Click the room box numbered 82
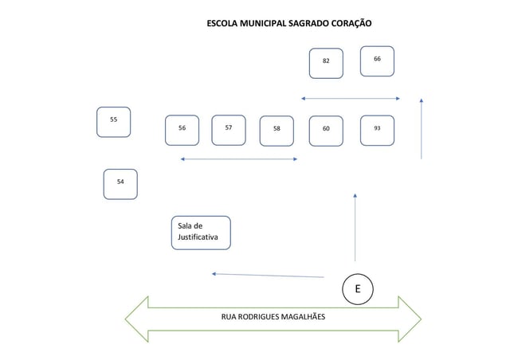(x=326, y=64)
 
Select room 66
(x=377, y=61)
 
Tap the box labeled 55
(x=113, y=122)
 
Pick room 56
(x=182, y=130)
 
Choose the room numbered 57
(x=229, y=130)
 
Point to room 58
(x=277, y=131)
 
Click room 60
(x=326, y=131)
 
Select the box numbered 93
(x=377, y=130)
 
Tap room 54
(x=120, y=184)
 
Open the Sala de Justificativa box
(x=201, y=233)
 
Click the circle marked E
(x=358, y=289)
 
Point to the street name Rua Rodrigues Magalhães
(x=273, y=317)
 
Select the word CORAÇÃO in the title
(x=351, y=23)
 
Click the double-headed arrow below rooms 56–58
(x=239, y=159)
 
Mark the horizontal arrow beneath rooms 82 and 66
(x=351, y=99)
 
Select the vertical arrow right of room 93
(x=422, y=129)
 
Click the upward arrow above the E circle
(x=355, y=227)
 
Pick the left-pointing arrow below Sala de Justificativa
(x=268, y=276)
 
